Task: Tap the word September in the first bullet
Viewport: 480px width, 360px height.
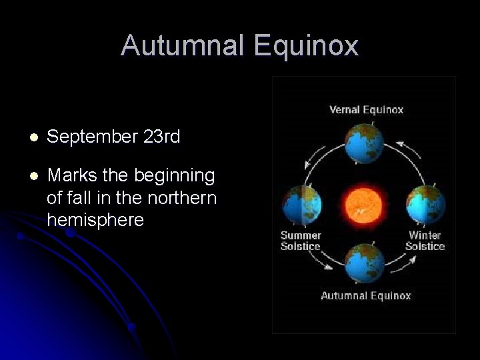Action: coord(92,137)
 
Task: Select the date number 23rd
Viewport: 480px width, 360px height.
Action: coord(161,137)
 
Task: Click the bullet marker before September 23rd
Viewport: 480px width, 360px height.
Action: coord(34,137)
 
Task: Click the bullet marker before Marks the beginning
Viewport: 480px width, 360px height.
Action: coord(34,176)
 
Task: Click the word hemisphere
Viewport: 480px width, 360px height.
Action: coord(95,220)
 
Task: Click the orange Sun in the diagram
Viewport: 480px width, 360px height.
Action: coord(365,204)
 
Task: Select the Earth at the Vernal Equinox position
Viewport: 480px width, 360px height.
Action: coord(364,143)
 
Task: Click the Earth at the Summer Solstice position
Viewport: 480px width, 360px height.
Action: coord(302,205)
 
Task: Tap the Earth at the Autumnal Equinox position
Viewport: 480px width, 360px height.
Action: coord(365,263)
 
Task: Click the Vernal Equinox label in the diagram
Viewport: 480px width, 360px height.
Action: coord(366,110)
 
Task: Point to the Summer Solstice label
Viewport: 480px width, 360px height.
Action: coord(301,241)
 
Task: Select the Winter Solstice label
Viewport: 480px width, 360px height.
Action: coord(425,241)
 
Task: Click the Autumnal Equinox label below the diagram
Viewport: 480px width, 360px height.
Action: coord(366,295)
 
